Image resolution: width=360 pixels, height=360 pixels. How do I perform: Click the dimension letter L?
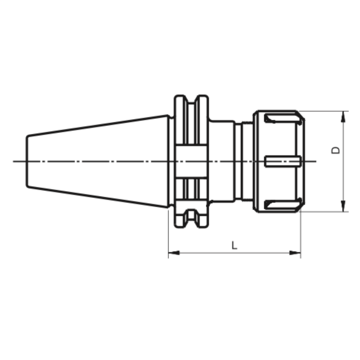coord(234,246)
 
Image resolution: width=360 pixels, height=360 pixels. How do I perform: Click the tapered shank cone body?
coord(97,161)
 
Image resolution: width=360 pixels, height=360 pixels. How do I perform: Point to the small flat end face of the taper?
coord(27,161)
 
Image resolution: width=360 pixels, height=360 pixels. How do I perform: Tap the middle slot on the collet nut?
coord(282,161)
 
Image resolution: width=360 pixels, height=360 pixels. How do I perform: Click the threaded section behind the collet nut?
coord(247,161)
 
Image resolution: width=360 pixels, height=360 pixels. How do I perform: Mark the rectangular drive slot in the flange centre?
coord(192,161)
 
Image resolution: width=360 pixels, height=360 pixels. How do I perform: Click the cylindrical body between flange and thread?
coord(222,161)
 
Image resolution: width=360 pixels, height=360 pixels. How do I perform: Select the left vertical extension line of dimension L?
coord(168,232)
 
